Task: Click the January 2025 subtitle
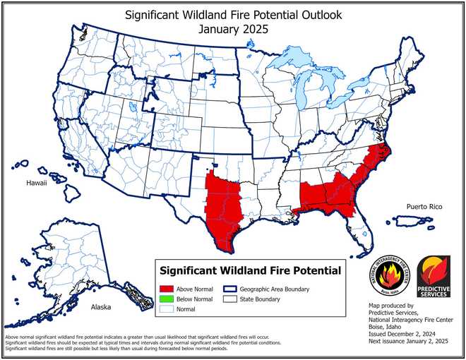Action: (232, 30)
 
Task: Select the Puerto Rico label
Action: (424, 206)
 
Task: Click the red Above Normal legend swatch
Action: (167, 289)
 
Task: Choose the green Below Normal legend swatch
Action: (167, 299)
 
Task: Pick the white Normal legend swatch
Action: (167, 309)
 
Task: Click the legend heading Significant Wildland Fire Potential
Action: (251, 270)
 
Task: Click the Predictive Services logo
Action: (434, 276)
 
